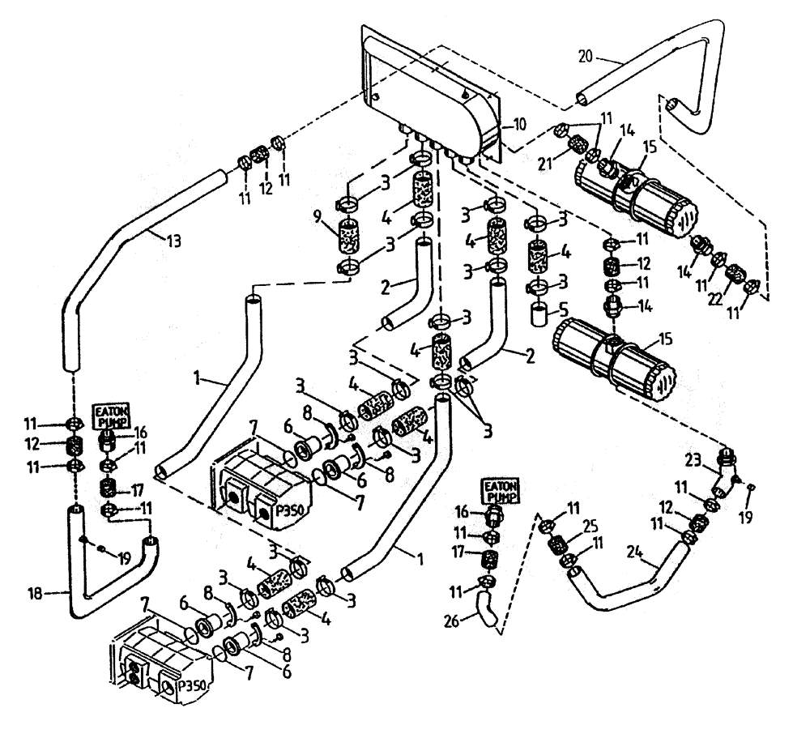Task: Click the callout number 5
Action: click(564, 308)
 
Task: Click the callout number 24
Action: click(634, 555)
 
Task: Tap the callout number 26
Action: click(454, 622)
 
